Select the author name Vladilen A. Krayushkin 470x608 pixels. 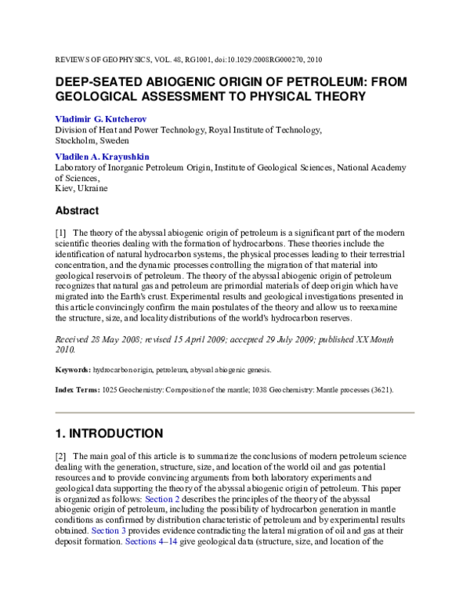tap(100, 157)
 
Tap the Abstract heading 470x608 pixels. tap(76, 211)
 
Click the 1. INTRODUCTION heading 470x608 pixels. tap(109, 433)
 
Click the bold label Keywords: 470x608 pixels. tap(72, 369)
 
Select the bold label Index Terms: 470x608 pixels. tap(76, 389)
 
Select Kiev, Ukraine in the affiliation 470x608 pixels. tap(81, 189)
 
